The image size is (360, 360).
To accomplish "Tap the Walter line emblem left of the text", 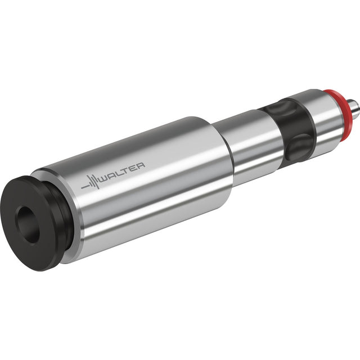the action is coord(91,182).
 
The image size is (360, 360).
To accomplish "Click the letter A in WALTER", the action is coord(114,174).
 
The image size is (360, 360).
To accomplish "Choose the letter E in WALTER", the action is coord(133,168).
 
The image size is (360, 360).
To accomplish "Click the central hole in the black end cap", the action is coord(28,224).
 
